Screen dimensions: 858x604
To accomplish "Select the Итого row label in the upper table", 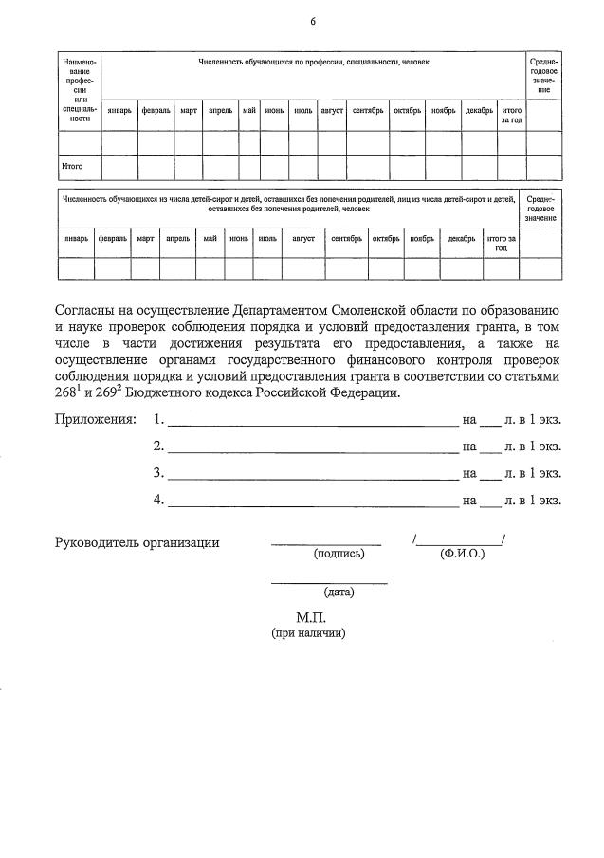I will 72,167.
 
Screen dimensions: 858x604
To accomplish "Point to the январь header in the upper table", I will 119,111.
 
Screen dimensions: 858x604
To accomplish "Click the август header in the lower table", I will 302,239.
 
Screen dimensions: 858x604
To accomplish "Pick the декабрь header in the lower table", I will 461,239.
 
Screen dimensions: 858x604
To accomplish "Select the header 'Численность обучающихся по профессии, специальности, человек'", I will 313,62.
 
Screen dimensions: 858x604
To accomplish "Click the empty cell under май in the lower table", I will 210,268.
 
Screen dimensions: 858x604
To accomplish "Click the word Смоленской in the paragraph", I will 392,311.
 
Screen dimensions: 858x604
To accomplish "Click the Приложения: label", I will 95,419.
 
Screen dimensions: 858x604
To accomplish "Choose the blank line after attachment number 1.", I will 313,419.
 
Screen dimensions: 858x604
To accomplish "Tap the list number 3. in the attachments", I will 158,473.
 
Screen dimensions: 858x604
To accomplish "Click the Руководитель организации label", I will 137,542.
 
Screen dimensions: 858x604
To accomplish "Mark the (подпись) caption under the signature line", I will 339,554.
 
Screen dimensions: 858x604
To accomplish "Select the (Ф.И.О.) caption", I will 462,554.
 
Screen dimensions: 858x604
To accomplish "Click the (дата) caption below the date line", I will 339,593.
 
